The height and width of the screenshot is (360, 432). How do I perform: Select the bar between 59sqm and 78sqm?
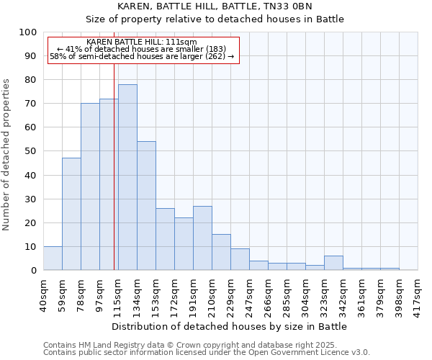71,214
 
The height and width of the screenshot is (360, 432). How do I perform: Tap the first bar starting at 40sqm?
53,258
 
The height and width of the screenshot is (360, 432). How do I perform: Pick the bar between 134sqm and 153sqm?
146,206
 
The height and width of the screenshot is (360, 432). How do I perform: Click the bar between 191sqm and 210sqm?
202,238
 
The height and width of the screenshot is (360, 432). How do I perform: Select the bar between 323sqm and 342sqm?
333,264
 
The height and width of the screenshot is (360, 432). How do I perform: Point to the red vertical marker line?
114,166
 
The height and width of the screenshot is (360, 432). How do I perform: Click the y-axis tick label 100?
27,32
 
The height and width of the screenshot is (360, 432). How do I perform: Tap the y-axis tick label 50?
30,151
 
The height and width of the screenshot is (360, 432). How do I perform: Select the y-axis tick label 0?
33,270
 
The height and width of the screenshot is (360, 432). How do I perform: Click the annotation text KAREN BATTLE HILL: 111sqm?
140,42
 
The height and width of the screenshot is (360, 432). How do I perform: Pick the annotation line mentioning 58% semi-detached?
142,56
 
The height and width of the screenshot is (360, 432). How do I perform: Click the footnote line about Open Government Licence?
207,352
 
